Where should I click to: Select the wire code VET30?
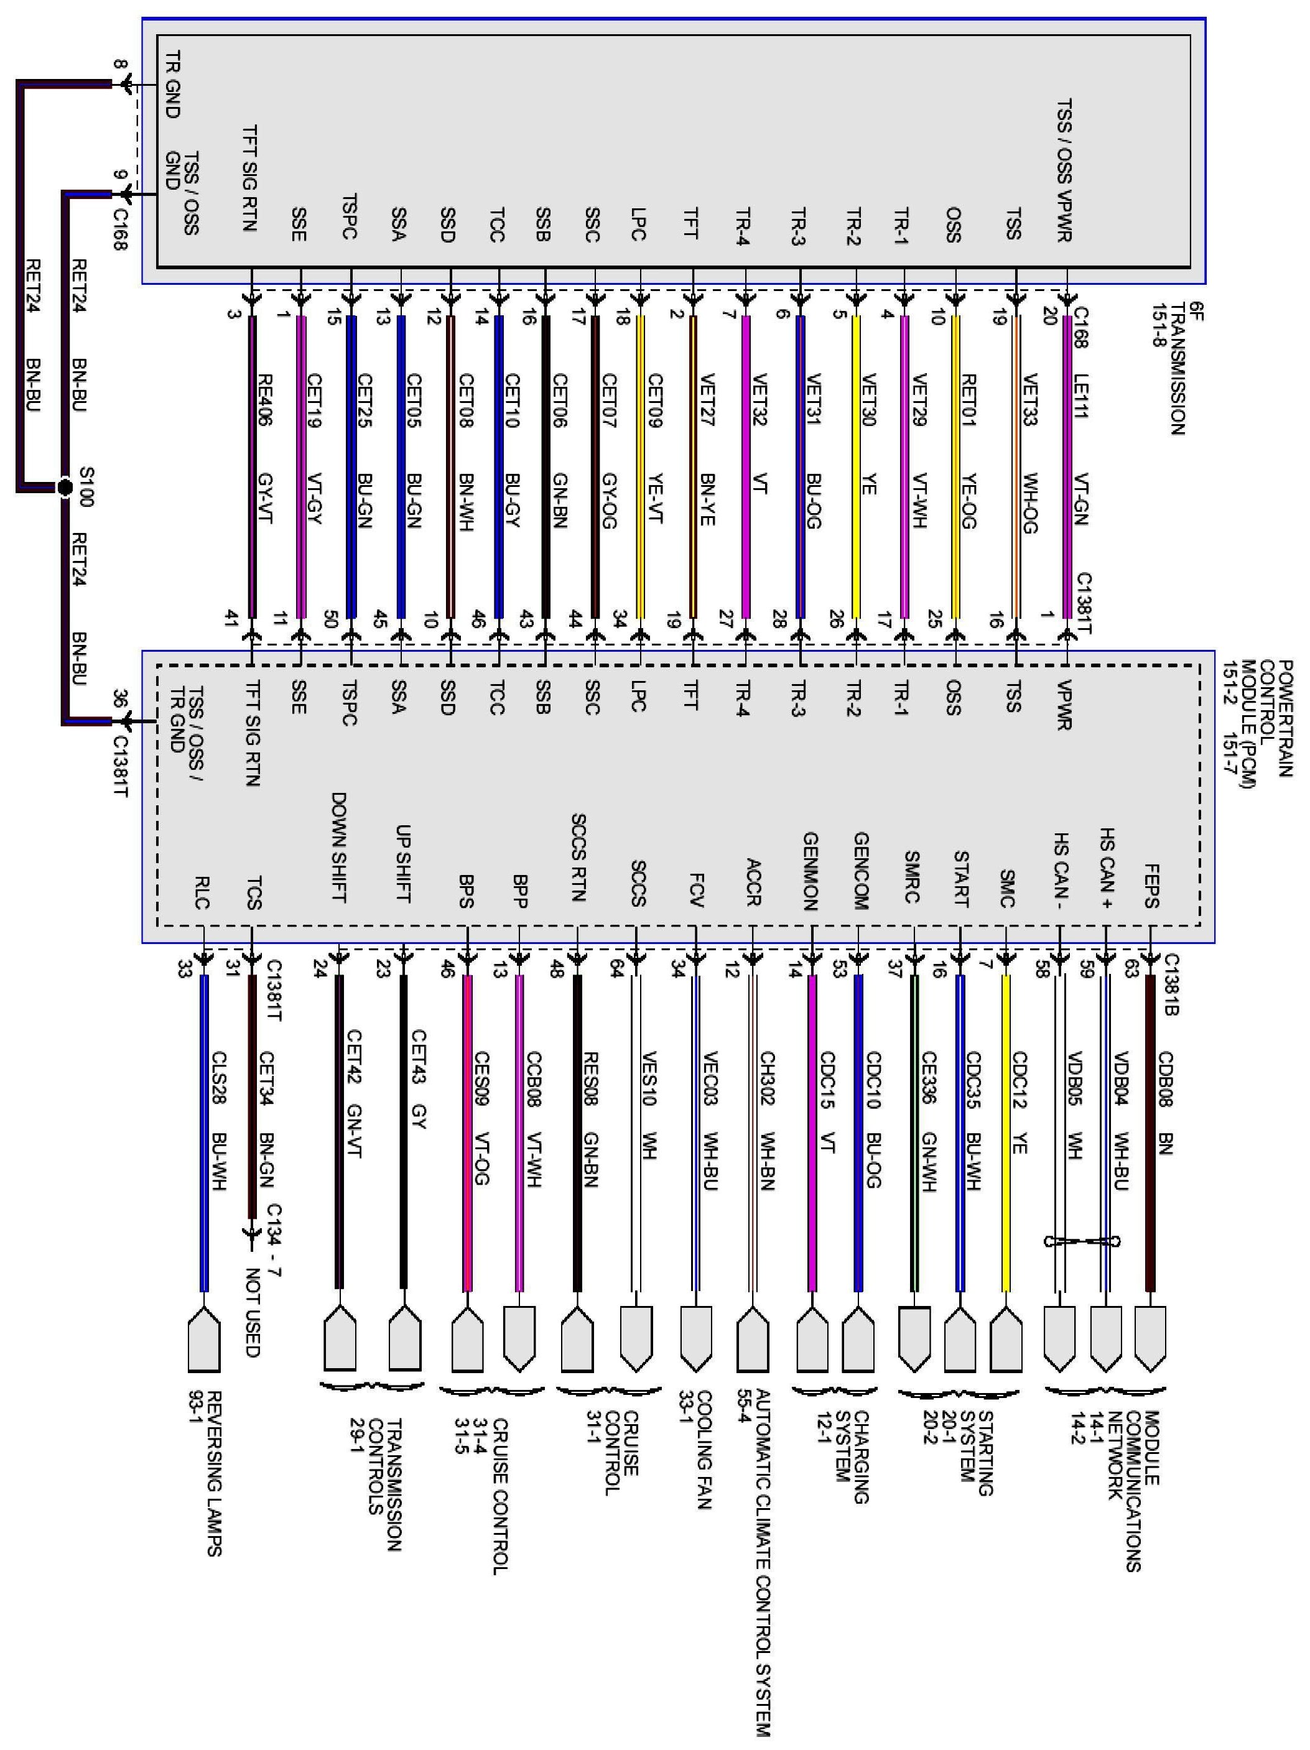pos(866,399)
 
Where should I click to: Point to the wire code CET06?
pos(559,399)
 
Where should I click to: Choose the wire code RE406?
pos(265,399)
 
